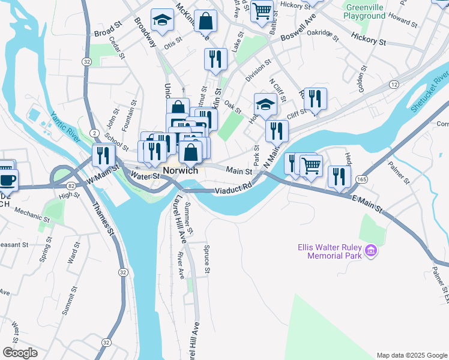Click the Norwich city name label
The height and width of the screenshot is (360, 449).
tap(180, 170)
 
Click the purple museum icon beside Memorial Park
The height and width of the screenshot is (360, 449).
tap(371, 249)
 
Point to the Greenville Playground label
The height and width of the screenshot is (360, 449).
tap(364, 11)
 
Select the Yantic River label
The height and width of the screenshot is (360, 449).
tap(65, 127)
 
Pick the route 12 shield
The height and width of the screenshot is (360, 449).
tap(394, 85)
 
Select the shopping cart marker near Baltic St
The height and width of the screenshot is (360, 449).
tap(262, 11)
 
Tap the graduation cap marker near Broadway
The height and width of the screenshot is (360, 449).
tap(161, 21)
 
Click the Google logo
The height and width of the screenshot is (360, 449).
tap(20, 353)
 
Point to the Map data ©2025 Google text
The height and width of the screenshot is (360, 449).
tap(411, 355)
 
